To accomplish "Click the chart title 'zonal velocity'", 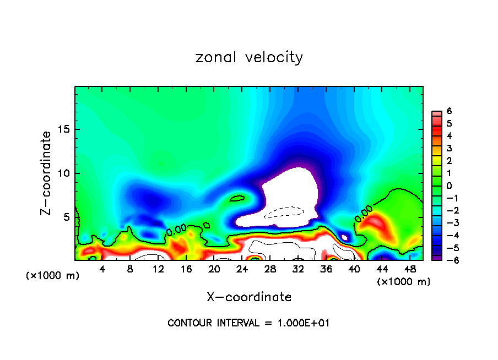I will [x=249, y=57].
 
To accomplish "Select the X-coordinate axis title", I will [x=249, y=297].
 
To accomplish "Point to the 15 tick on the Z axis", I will [x=65, y=129].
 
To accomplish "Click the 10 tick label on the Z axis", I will [x=65, y=173].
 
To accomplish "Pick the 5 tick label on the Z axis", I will [x=68, y=217].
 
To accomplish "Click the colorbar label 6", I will [x=449, y=111].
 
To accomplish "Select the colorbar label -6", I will [x=448, y=260].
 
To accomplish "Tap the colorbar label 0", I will [x=449, y=186].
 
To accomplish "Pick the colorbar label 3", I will [x=449, y=148].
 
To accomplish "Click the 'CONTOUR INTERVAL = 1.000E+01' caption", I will [x=248, y=323].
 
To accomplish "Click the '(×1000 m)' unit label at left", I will [x=53, y=276].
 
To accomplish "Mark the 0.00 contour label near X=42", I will [x=363, y=214].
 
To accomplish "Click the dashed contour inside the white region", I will [x=284, y=212].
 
